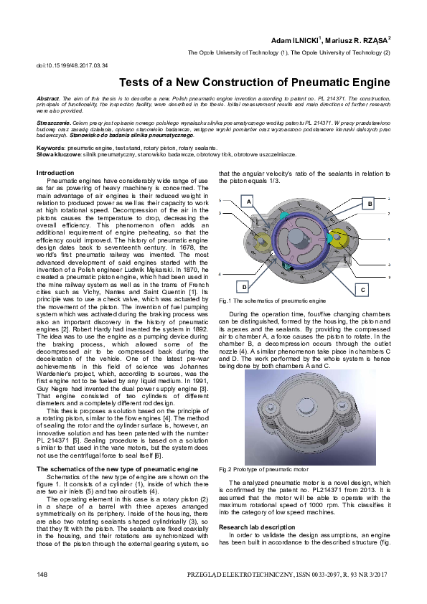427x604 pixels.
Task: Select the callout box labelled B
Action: [x=370, y=204]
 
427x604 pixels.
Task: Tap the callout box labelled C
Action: [x=362, y=289]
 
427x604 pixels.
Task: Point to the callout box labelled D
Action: [x=244, y=286]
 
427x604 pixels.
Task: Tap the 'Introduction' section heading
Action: [x=55, y=173]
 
